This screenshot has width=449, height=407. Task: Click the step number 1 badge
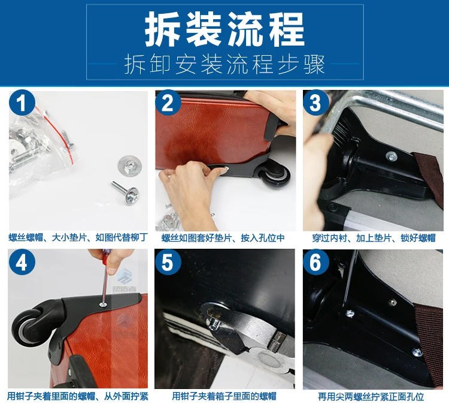(x=22, y=103)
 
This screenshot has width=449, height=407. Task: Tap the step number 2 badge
(x=168, y=103)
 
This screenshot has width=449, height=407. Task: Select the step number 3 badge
(x=315, y=103)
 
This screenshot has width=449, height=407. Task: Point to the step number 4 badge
(x=22, y=263)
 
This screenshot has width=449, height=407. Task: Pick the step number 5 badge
(x=168, y=262)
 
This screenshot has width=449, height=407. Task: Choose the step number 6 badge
(x=315, y=262)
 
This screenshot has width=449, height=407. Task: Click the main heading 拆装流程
(x=224, y=30)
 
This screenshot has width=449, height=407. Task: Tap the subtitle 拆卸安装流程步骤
(x=224, y=64)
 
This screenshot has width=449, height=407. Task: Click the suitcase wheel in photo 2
(x=275, y=177)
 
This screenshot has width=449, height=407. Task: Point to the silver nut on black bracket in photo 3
(x=391, y=156)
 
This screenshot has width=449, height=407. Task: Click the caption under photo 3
(x=374, y=238)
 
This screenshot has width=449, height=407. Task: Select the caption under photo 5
(x=224, y=396)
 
